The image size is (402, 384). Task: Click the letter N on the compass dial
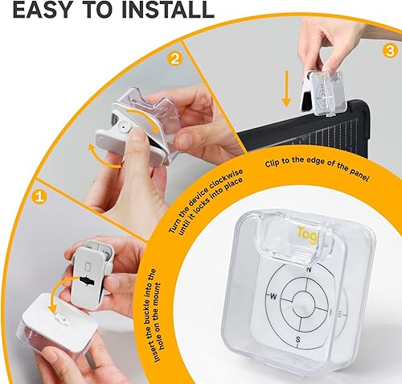tap(320, 268)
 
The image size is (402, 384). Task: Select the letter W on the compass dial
tap(274, 295)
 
